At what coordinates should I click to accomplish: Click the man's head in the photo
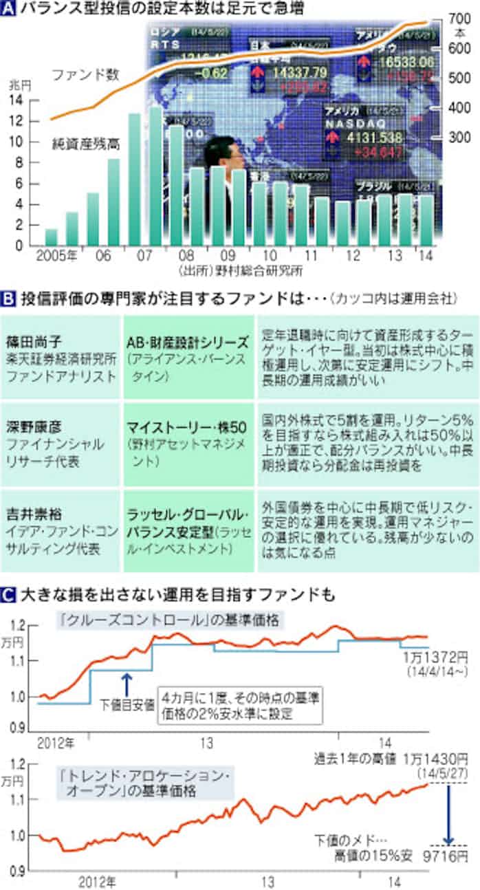point(226,152)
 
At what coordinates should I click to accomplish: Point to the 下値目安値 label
point(127,704)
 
